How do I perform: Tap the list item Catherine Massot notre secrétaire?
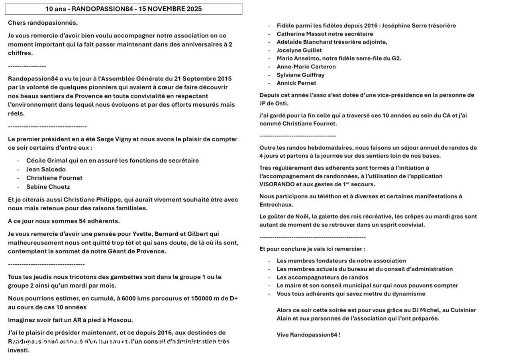[325, 34]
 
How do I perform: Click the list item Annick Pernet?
[296, 83]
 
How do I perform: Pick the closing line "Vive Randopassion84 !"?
[308, 335]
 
